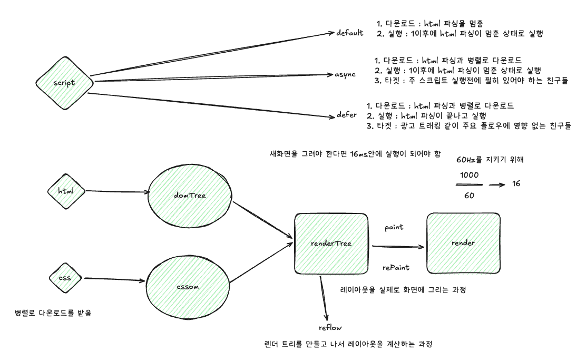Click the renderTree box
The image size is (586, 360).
pos(331,243)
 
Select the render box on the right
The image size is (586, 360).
pos(464,242)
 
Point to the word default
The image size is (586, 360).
pos(350,33)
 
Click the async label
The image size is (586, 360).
pos(345,75)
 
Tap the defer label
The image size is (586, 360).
pos(347,114)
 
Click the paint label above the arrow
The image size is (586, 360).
pos(395,227)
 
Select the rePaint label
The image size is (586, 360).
pos(396,268)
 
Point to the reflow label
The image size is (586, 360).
pos(330,328)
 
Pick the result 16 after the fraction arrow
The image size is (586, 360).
pos(517,184)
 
